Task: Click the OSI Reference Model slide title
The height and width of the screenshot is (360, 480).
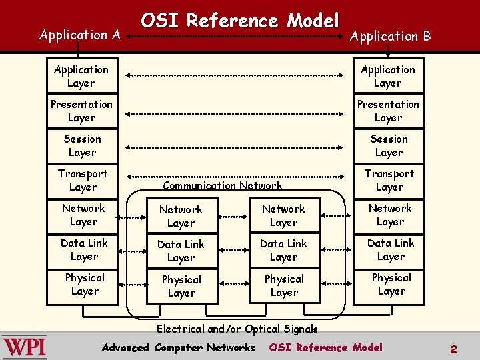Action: [x=240, y=21]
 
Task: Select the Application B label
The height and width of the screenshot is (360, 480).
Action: [x=391, y=37]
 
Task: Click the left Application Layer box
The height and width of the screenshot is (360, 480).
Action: [x=81, y=76]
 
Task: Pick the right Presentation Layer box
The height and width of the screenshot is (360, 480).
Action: [x=388, y=111]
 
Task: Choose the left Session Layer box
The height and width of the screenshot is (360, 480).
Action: [x=82, y=145]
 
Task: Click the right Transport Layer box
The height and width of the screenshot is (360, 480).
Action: [x=389, y=180]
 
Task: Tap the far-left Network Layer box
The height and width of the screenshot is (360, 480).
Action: [x=83, y=215]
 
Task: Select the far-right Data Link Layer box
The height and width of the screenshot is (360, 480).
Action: [x=390, y=249]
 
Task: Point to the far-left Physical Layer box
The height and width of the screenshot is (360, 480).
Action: [x=85, y=284]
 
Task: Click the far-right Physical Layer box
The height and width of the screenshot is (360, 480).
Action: [x=391, y=284]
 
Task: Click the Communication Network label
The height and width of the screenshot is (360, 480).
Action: [x=222, y=186]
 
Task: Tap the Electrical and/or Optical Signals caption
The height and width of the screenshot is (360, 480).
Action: [x=237, y=329]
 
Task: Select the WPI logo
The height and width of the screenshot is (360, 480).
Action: [x=25, y=347]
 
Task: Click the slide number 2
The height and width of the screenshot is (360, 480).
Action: [x=453, y=349]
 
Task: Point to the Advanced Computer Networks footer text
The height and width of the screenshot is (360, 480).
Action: [x=178, y=347]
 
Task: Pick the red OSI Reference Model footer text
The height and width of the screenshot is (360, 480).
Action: [x=325, y=347]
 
